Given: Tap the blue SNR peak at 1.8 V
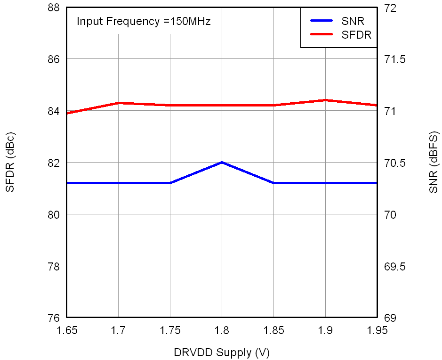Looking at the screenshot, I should pyautogui.click(x=222, y=162).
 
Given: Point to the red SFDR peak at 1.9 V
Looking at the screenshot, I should pyautogui.click(x=325, y=100).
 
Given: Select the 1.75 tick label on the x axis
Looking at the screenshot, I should pyautogui.click(x=170, y=330).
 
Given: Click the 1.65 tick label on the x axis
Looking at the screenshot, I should pyautogui.click(x=66, y=330).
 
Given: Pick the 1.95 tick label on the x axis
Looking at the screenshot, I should pyautogui.click(x=377, y=330).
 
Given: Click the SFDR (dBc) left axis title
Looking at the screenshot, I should pyautogui.click(x=10, y=163).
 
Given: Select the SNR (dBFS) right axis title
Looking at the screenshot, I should pyautogui.click(x=434, y=163).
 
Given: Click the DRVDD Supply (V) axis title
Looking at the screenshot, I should pyautogui.click(x=222, y=352).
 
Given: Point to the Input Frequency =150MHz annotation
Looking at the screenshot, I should pyautogui.click(x=144, y=21).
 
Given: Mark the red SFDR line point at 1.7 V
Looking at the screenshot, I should pyautogui.click(x=118, y=103).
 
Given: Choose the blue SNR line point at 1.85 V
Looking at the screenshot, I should pyautogui.click(x=273, y=183).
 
